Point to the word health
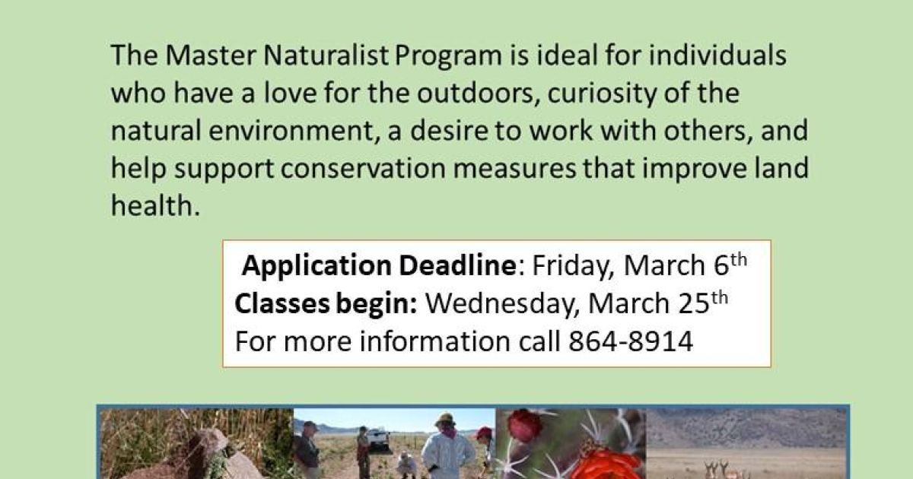point(154,206)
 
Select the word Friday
point(572,266)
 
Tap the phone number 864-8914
point(631,341)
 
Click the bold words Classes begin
point(326,303)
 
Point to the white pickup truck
point(377,439)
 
